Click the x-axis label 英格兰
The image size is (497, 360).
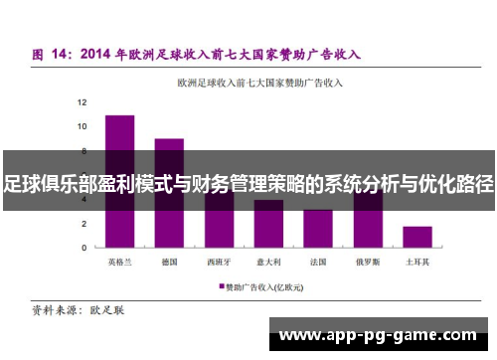119,263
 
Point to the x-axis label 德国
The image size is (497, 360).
169,263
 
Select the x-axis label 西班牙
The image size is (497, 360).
219,263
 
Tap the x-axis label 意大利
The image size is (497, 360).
268,263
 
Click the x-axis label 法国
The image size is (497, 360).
318,263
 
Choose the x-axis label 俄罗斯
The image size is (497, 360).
368,263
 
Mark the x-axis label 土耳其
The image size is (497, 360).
417,263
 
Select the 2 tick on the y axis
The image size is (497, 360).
83,223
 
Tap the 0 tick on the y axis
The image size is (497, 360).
83,247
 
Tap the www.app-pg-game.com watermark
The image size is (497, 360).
384,336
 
